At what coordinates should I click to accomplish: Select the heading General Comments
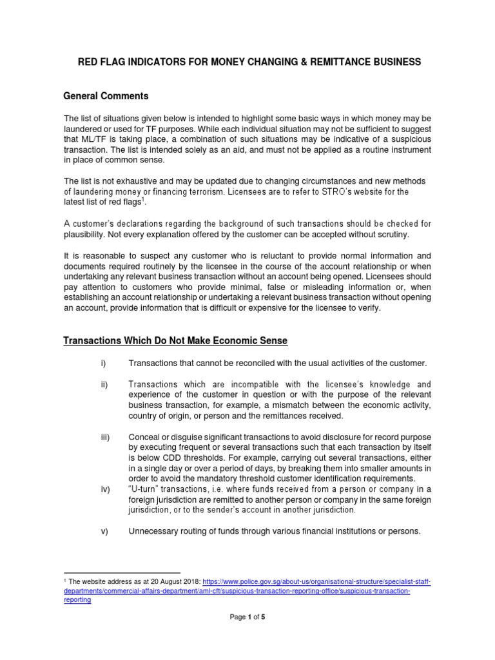click(x=106, y=96)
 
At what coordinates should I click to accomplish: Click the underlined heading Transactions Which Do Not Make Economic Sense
click(x=175, y=340)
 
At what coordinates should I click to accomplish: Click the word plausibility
click(x=87, y=235)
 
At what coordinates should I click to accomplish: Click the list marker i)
click(x=103, y=364)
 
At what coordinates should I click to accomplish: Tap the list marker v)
click(x=104, y=531)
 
